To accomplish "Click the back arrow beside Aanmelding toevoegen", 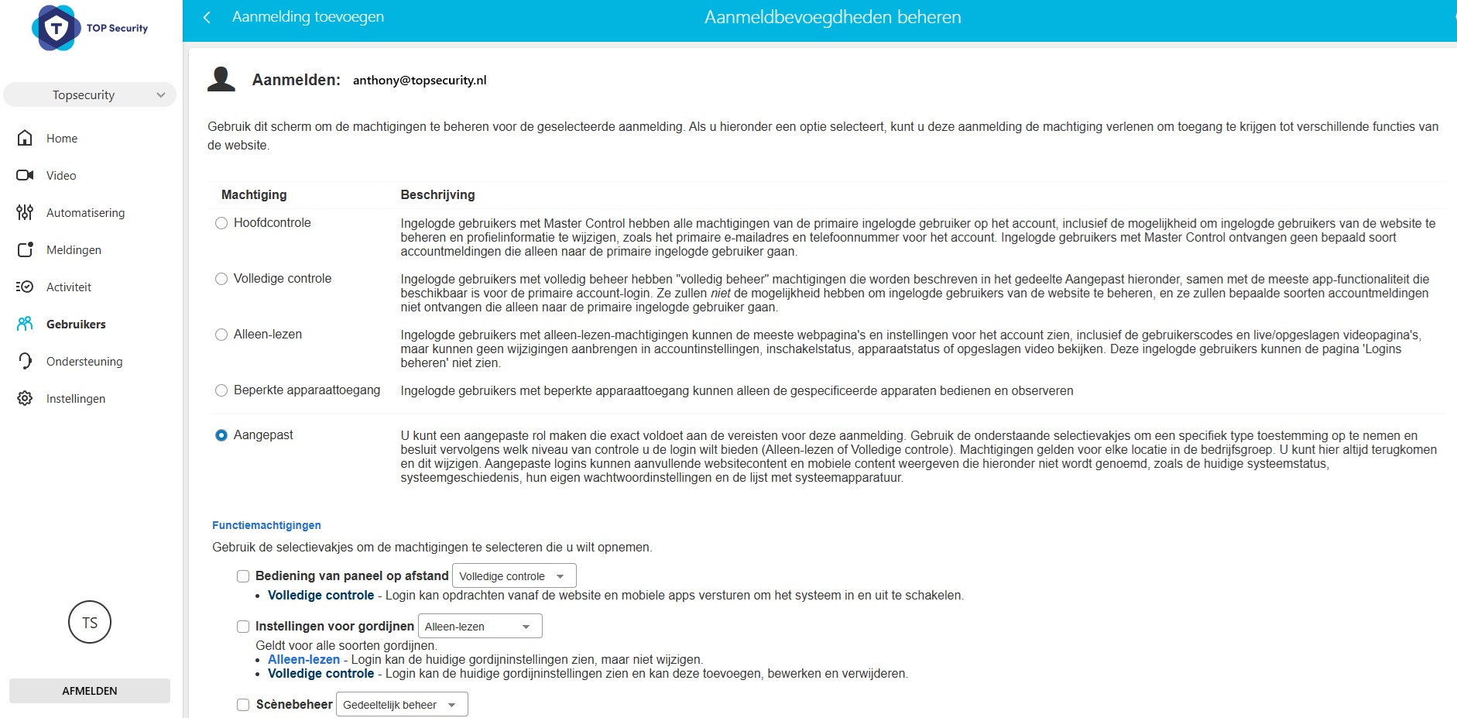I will [207, 17].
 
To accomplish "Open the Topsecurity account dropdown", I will [90, 95].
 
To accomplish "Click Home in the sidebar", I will [62, 139].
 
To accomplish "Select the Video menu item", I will [61, 176].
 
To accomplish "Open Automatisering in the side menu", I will [85, 213].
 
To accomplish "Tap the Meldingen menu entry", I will [74, 250].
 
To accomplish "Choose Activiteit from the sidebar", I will [69, 287].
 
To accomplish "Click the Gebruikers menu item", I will [76, 325].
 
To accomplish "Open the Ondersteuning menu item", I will [84, 362].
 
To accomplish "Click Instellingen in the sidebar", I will [76, 399].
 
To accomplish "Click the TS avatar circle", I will [90, 622].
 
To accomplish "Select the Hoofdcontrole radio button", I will [221, 223].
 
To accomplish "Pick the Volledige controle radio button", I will [221, 279].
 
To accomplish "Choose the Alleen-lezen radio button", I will [221, 335].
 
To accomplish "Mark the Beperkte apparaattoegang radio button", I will [221, 390].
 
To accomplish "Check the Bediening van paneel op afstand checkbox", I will [243, 576].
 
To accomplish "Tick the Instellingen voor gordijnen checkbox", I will [243, 627].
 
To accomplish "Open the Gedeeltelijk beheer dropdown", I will [402, 705].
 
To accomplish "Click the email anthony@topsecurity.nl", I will [420, 81].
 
